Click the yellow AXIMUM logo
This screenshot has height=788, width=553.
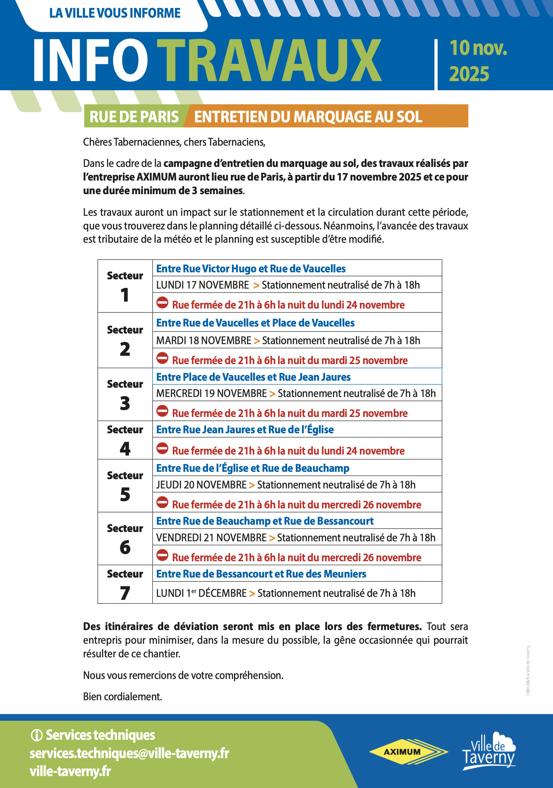[x=407, y=752]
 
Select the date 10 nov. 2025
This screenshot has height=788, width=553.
[x=478, y=61]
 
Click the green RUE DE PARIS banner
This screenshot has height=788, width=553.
[x=134, y=117]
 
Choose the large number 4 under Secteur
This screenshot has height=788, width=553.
[x=125, y=449]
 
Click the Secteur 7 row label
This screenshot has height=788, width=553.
[x=125, y=584]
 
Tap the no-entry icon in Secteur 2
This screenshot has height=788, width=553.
[x=162, y=358]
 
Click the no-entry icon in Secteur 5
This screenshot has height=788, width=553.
[x=162, y=502]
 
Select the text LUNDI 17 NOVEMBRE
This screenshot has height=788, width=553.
[x=202, y=285]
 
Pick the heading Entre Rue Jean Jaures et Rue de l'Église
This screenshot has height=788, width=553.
[x=245, y=429]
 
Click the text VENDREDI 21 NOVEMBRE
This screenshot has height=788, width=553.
[x=211, y=537]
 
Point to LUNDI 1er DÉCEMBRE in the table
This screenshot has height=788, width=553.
[x=201, y=593]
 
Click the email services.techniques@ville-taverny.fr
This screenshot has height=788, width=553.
[x=129, y=753]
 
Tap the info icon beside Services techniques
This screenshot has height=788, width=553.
[x=36, y=735]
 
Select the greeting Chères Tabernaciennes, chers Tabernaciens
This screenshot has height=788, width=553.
[x=174, y=142]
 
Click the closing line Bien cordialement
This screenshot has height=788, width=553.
[x=123, y=696]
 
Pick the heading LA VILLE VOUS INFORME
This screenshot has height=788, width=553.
[x=115, y=13]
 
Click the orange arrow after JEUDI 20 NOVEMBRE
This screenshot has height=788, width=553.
[x=252, y=485]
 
